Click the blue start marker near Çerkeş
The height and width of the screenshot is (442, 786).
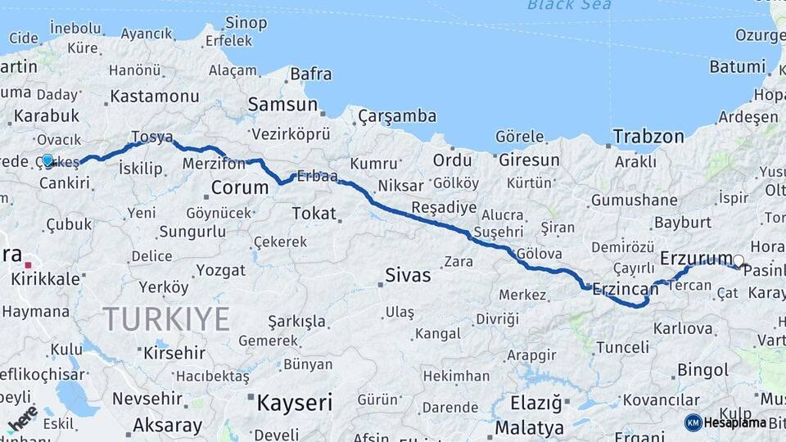(x=47, y=160)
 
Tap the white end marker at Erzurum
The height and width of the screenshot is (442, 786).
(x=739, y=262)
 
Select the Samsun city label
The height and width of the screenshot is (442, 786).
(x=282, y=104)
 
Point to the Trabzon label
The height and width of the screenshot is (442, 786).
(x=648, y=137)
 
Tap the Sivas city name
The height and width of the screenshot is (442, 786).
(x=408, y=275)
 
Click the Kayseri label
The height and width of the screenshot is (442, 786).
(x=295, y=403)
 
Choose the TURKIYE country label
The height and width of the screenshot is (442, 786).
(x=166, y=319)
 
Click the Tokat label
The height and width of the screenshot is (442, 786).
(x=314, y=214)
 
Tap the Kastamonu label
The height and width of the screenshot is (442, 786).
(x=155, y=96)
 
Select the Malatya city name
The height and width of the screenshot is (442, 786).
(x=530, y=428)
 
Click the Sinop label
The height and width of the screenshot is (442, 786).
(x=246, y=22)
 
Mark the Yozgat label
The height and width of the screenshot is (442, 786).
(x=220, y=270)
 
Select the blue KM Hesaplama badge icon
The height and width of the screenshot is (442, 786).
(x=693, y=422)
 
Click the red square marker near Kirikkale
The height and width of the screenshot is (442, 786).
(x=29, y=265)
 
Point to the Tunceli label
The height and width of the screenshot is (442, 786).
(x=621, y=347)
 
